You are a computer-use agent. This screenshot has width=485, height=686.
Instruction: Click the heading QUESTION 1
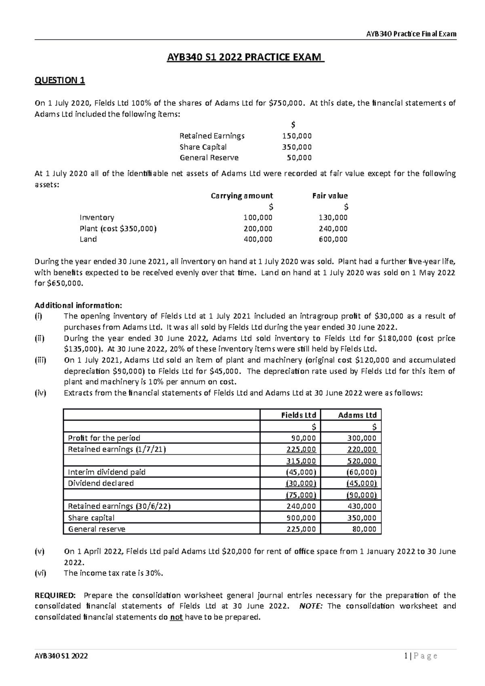click(59, 80)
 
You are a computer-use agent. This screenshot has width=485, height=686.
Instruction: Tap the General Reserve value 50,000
click(299, 158)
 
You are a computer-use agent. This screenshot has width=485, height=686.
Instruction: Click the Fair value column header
click(330, 196)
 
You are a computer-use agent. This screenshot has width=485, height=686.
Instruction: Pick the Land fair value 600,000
click(333, 239)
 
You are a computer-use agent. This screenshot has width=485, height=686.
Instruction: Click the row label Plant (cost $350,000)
click(118, 228)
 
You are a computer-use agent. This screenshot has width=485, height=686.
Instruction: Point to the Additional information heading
click(78, 305)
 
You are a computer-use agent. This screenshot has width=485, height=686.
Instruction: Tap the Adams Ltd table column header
click(357, 415)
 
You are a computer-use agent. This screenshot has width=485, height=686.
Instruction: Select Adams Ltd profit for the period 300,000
click(362, 438)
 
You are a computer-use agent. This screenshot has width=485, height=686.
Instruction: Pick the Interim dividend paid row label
click(107, 472)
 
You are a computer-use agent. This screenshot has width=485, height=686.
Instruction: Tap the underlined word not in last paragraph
click(176, 617)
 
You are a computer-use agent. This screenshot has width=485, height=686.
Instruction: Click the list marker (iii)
click(40, 360)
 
